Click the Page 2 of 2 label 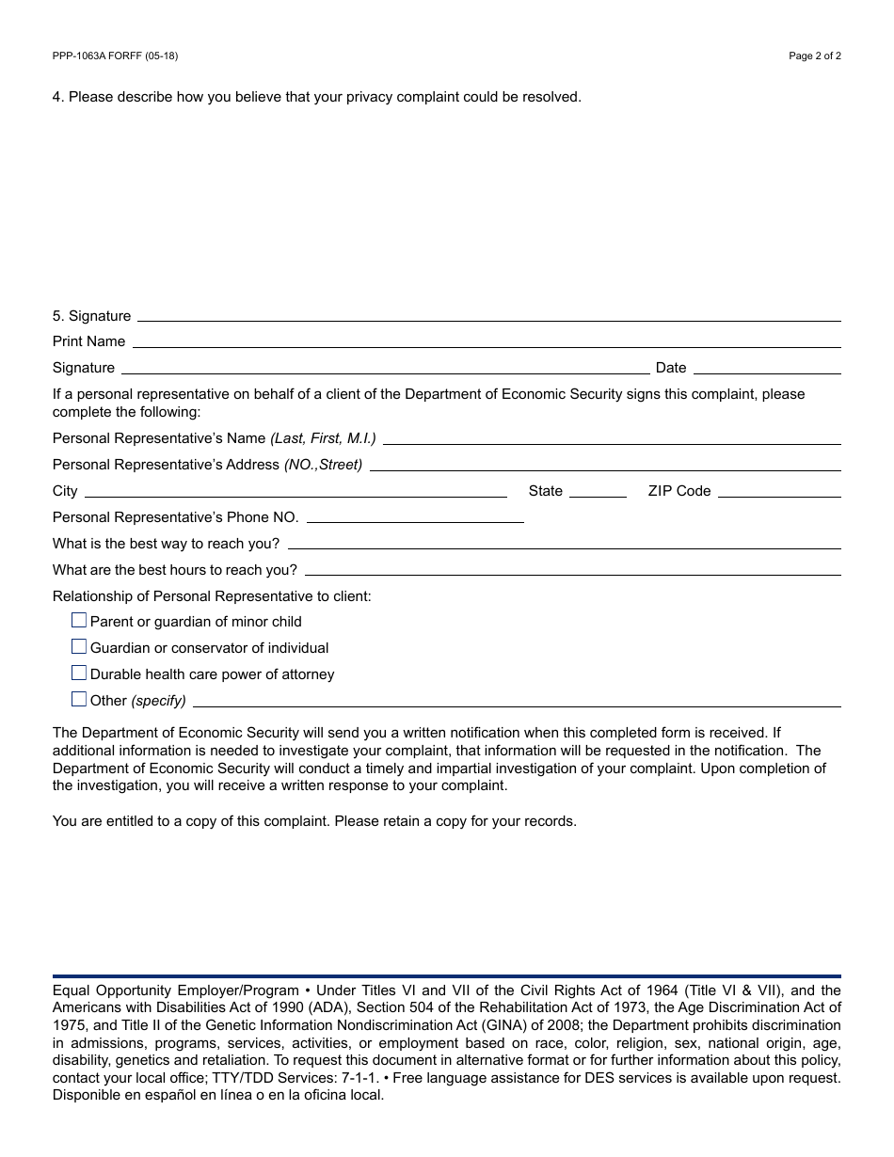pos(814,55)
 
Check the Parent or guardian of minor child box pos(79,621)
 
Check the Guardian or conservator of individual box pos(79,647)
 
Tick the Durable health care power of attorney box pos(79,674)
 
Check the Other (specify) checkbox pos(79,700)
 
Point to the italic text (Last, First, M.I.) pos(323,438)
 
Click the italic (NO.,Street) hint pos(323,465)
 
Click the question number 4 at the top pos(57,97)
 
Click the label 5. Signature pos(91,316)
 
